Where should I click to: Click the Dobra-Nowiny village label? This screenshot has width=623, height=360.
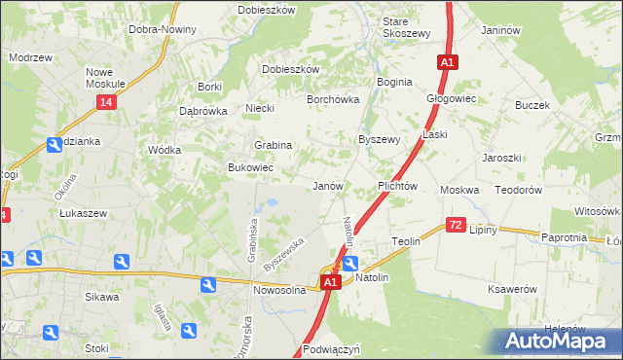[162, 29]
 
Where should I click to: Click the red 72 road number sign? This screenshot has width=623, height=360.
[456, 225]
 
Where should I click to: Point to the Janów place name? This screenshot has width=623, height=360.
[326, 186]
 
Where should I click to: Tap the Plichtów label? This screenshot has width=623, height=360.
[397, 186]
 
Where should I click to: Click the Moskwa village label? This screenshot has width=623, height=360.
[459, 190]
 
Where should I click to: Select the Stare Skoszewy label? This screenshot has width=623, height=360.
[407, 27]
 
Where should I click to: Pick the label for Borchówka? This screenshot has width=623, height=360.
[333, 99]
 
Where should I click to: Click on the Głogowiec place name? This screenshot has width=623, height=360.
[451, 98]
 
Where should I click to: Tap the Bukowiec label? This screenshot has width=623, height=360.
[250, 168]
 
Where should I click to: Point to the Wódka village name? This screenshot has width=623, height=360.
[164, 150]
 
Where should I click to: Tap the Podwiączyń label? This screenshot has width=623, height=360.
[331, 348]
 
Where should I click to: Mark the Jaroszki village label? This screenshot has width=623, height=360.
[502, 158]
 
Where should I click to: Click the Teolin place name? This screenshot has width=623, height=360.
[405, 240]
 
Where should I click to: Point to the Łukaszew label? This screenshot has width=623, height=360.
[82, 212]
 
